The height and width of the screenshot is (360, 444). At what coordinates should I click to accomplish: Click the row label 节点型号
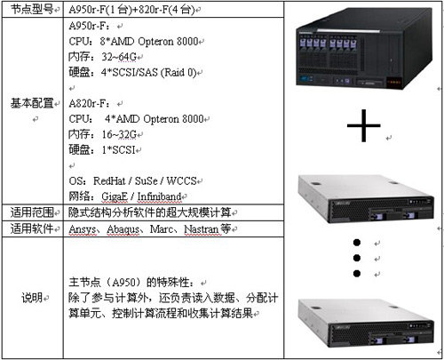pos(32,10)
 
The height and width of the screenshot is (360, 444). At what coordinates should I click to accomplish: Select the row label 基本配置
pos(32,103)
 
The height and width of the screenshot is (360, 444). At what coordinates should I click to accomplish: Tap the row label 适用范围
pos(32,212)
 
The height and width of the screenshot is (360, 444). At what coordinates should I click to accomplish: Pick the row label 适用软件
pos(32,228)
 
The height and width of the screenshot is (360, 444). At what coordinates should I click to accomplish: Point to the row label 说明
pos(32,298)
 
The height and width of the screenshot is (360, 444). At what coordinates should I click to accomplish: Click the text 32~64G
pos(119,56)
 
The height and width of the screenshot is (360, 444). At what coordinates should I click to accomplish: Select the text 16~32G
pos(119,134)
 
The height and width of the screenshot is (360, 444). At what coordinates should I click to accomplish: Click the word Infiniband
pos(159,196)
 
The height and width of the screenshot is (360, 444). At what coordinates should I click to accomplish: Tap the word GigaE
pos(115,196)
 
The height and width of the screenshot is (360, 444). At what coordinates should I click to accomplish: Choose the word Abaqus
pos(123,229)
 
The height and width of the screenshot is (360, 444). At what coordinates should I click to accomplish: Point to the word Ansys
pos(83,229)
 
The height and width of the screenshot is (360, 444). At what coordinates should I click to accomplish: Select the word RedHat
pos(109,180)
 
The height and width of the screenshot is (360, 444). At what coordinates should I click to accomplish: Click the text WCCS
pos(181,180)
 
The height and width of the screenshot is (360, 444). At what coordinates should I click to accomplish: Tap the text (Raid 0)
pos(178,72)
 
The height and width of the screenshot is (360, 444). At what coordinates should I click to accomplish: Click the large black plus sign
pos(363,125)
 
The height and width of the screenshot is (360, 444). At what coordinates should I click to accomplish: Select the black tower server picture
pos(364,48)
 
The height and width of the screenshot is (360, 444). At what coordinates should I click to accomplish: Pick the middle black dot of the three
pos(357,258)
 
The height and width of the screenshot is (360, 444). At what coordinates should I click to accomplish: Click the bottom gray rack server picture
pos(366,323)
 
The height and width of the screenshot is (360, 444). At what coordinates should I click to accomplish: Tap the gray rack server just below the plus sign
pos(366,199)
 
